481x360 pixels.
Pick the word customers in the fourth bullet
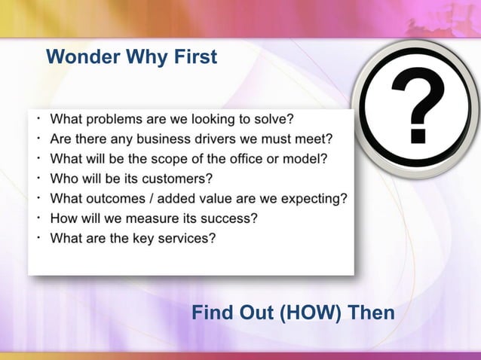click(175, 179)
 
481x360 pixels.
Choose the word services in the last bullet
click(188, 239)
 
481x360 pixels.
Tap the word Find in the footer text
click(212, 311)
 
